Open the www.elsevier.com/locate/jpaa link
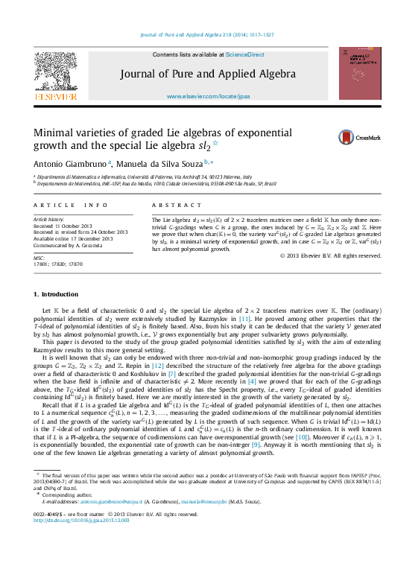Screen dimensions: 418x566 click(208, 97)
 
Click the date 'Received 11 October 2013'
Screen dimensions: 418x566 click(63, 226)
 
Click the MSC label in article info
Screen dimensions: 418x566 click(39, 257)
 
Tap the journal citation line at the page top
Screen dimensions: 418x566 click(207, 34)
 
